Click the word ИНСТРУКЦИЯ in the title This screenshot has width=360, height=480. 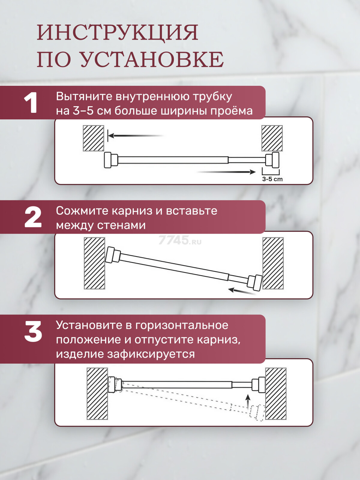(118, 33)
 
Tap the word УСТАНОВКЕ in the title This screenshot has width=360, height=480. (152, 59)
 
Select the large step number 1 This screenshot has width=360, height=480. (31, 103)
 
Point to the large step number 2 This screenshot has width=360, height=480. (33, 217)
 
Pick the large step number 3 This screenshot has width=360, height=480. (33, 331)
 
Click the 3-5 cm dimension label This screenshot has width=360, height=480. (272, 179)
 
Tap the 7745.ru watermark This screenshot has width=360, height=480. (180, 240)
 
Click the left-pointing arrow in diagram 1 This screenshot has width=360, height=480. (136, 136)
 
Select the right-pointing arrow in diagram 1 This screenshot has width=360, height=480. (226, 172)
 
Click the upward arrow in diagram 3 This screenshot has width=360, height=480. (247, 401)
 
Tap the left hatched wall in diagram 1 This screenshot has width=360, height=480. (93, 138)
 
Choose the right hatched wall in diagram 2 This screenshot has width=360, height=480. (273, 263)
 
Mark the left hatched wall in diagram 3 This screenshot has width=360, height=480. (97, 394)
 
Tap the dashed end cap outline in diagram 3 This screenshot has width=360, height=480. (258, 412)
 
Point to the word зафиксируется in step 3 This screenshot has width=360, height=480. (151, 354)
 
